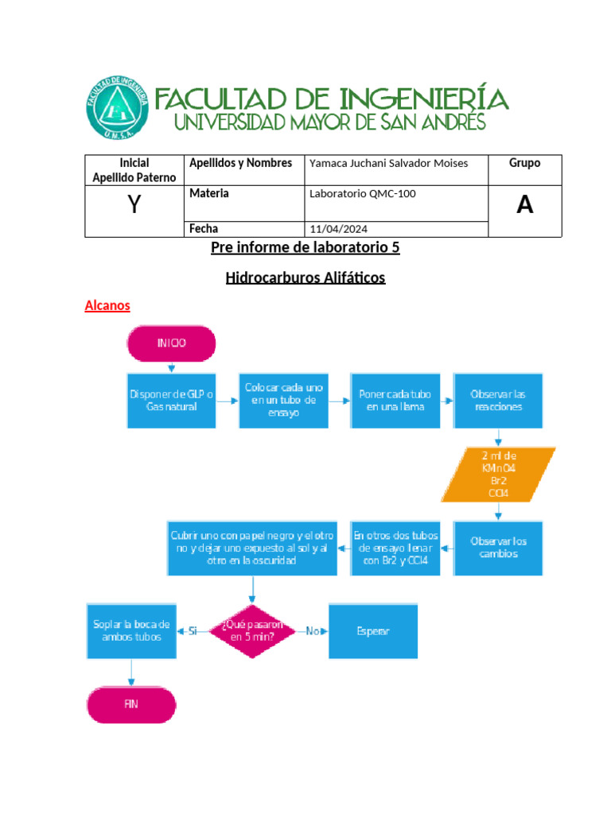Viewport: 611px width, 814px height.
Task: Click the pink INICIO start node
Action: pyautogui.click(x=171, y=343)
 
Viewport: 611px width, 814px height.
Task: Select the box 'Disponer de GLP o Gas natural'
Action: pyautogui.click(x=171, y=400)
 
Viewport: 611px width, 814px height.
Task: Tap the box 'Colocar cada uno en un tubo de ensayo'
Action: pyautogui.click(x=284, y=400)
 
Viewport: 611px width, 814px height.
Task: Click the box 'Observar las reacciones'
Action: pyautogui.click(x=499, y=400)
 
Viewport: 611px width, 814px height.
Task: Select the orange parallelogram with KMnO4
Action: pyautogui.click(x=497, y=475)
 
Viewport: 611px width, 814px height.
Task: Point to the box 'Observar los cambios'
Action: pyautogui.click(x=499, y=548)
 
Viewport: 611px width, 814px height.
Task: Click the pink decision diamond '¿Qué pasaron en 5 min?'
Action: pyautogui.click(x=252, y=631)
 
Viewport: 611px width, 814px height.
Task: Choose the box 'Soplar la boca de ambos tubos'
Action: pyautogui.click(x=131, y=631)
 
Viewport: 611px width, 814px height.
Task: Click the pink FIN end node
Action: pyautogui.click(x=131, y=704)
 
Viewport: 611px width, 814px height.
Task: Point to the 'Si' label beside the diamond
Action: pyautogui.click(x=193, y=631)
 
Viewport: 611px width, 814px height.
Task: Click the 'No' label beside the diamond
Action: pyautogui.click(x=312, y=631)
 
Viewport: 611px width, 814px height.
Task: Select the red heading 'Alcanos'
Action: pyautogui.click(x=107, y=306)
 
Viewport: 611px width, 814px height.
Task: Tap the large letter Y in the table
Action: pyautogui.click(x=134, y=206)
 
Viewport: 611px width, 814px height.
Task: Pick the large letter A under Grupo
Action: pyautogui.click(x=524, y=205)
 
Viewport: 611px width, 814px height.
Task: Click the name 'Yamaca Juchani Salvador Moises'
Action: pyautogui.click(x=388, y=164)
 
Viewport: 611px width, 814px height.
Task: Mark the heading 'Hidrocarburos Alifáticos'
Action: pyautogui.click(x=305, y=278)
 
